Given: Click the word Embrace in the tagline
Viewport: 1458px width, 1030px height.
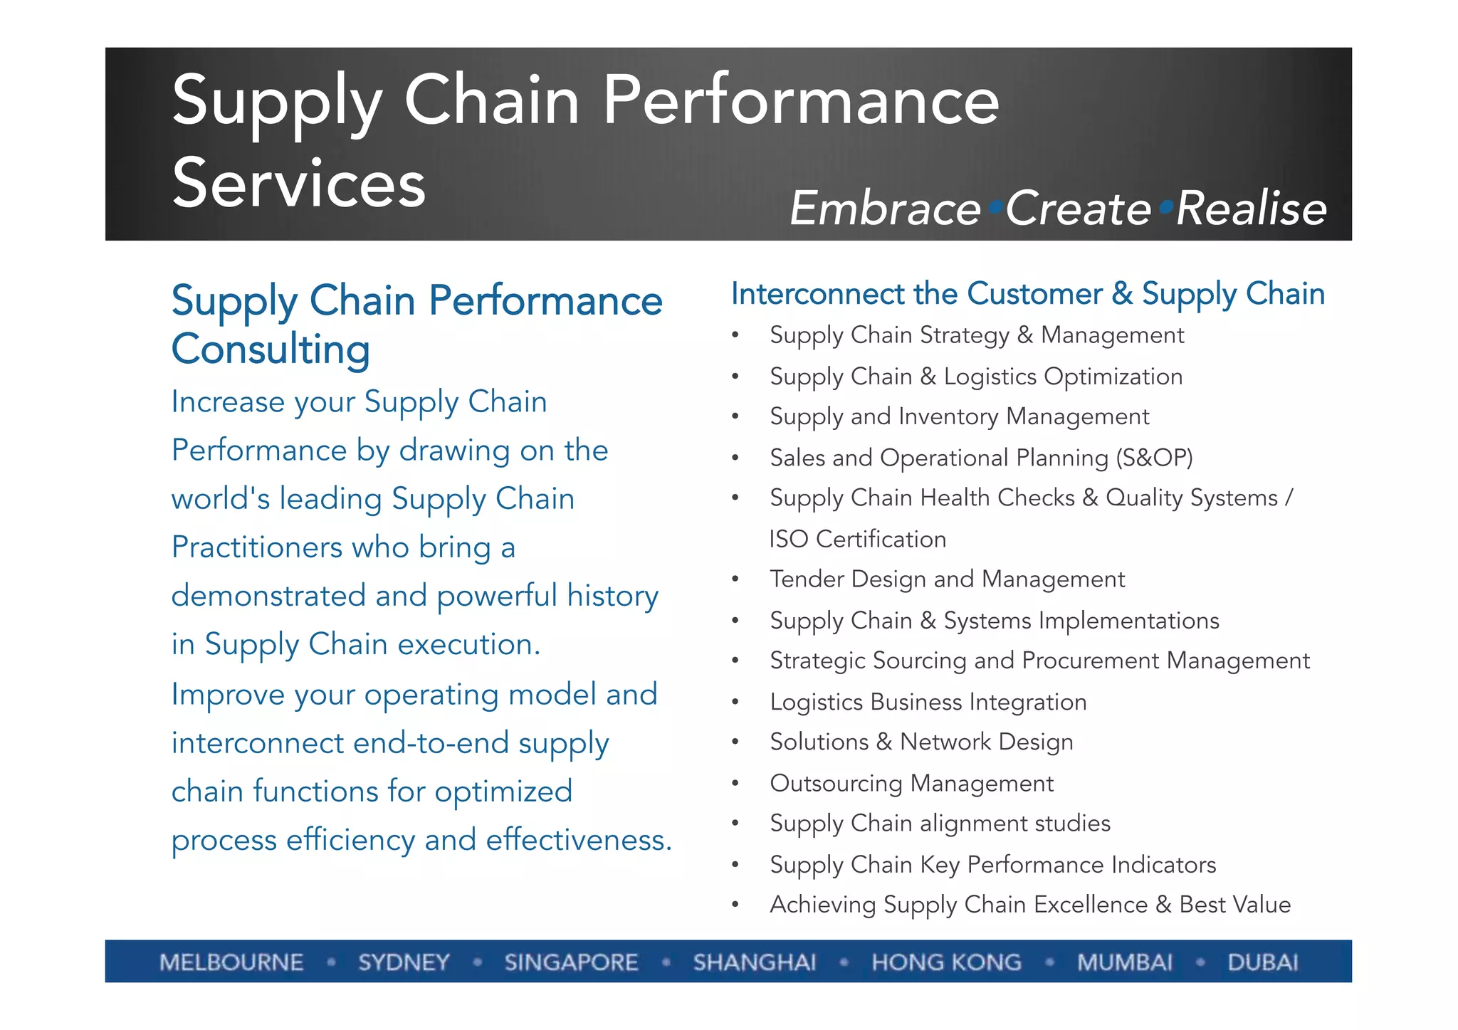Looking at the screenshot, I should tap(885, 209).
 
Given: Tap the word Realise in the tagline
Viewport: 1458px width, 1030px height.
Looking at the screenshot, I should tap(1252, 209).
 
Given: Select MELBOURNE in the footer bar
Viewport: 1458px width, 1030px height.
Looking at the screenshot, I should tap(231, 962).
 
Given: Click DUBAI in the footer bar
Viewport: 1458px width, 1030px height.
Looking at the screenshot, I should tap(1262, 962).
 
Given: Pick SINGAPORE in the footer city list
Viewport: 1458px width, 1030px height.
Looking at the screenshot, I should tap(571, 962).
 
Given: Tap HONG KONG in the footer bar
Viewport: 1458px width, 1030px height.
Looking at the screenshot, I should tap(946, 962).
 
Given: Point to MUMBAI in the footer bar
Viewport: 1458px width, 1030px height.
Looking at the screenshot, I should tap(1124, 962).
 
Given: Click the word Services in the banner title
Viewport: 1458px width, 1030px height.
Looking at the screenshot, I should tap(299, 184).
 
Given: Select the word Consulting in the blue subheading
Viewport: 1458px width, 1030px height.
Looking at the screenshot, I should tap(271, 349).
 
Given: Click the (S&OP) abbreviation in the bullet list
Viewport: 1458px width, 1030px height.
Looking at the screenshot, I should tap(1154, 457).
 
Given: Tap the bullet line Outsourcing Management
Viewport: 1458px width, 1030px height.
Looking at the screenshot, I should tap(911, 783).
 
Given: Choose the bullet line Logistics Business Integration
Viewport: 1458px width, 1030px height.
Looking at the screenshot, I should tap(928, 702).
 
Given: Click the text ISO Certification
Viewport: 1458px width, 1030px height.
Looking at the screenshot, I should tap(857, 539).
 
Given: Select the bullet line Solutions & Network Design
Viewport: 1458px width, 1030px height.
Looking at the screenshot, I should tap(921, 742).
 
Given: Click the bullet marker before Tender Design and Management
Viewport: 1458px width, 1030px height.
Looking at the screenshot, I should tap(735, 579).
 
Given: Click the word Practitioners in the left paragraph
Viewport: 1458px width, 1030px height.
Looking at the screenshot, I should tap(256, 547).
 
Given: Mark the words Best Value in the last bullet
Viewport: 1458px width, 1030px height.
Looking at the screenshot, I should tap(1234, 904).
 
